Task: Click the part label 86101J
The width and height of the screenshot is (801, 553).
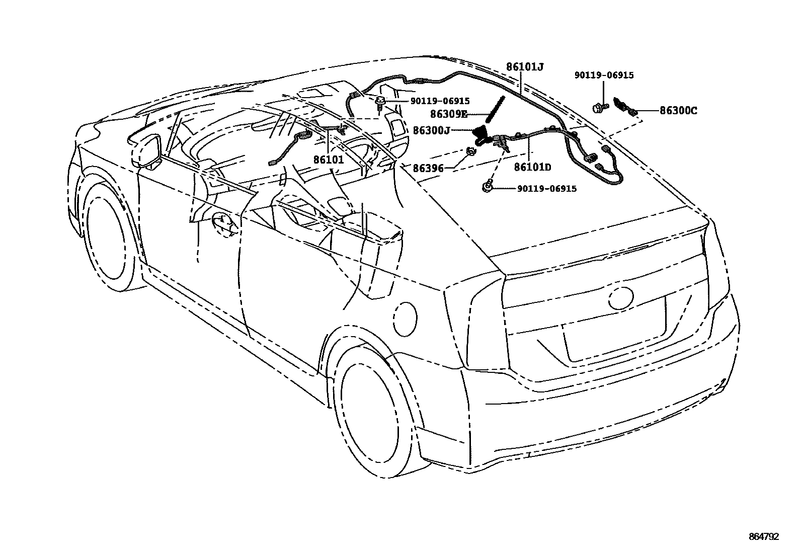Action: pos(525,66)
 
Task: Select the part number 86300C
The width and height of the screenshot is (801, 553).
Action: pos(678,111)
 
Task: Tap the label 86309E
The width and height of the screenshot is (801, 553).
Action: pos(448,114)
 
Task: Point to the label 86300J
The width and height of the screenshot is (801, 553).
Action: pos(431,131)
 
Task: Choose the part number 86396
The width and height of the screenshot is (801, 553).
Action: pos(428,168)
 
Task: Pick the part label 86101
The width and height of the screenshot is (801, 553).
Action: pos(329,160)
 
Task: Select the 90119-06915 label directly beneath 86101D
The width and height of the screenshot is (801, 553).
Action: pos(546,189)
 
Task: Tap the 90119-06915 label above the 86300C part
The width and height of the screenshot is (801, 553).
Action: pos(604,75)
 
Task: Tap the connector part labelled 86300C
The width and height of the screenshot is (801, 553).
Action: pos(624,106)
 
